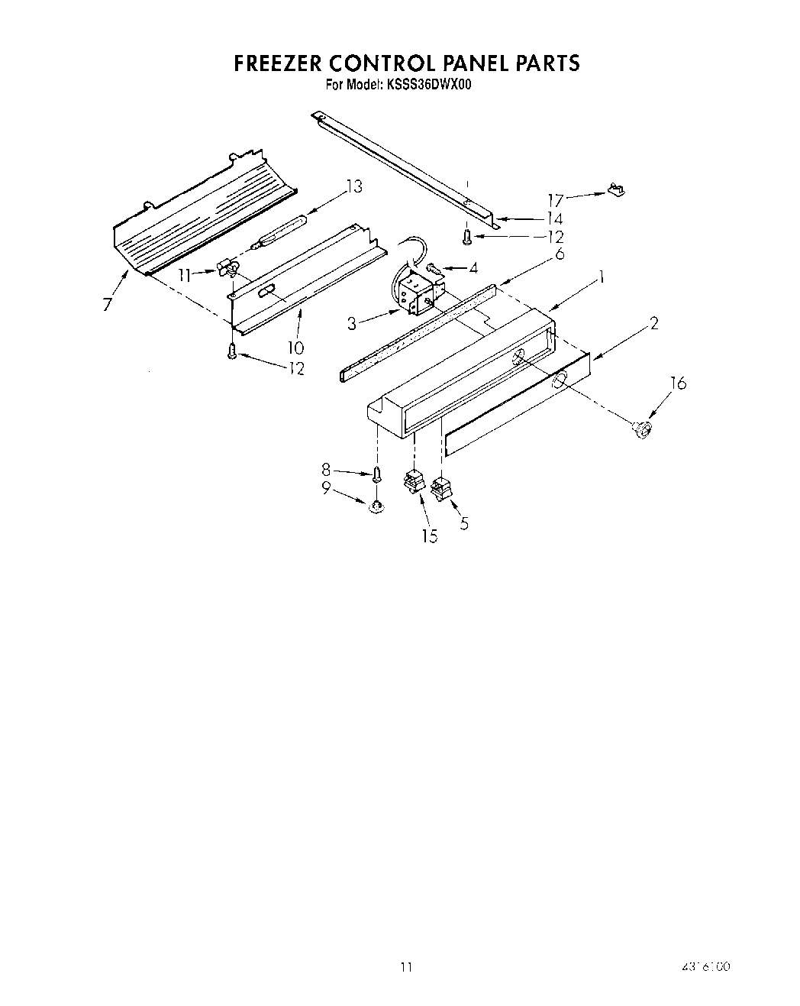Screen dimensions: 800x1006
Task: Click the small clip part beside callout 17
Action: (x=615, y=189)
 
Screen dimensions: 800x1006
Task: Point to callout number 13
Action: (x=353, y=186)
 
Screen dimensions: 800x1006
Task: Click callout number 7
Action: (x=107, y=305)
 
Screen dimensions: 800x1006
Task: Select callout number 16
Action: (x=678, y=383)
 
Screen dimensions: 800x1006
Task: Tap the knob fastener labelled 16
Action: (x=641, y=430)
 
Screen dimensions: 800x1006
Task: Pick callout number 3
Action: (x=351, y=324)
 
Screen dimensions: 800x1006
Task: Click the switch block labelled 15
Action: (x=414, y=484)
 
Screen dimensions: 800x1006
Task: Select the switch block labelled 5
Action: (x=442, y=488)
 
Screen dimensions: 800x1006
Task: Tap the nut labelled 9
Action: (x=376, y=506)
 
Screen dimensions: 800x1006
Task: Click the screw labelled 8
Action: (x=376, y=474)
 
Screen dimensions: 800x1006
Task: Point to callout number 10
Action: (x=295, y=347)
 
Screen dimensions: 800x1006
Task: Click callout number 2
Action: (x=653, y=323)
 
